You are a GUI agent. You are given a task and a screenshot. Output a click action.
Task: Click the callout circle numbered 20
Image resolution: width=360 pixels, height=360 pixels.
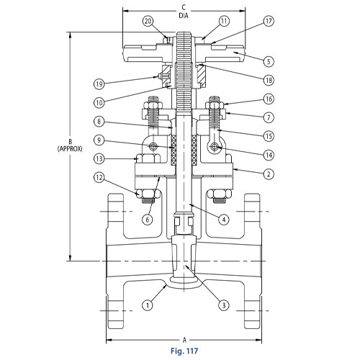click(148, 21)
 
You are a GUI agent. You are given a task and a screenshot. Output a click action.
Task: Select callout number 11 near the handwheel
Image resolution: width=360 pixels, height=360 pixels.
click(224, 21)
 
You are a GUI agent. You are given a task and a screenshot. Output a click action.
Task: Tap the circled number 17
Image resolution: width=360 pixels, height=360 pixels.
click(269, 21)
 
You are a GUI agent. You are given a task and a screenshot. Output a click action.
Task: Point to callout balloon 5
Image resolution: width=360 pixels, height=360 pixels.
click(269, 61)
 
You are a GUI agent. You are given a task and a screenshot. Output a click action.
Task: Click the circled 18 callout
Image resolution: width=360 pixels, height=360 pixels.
click(269, 80)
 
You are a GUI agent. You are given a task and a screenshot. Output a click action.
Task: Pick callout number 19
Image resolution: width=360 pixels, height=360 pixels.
click(99, 84)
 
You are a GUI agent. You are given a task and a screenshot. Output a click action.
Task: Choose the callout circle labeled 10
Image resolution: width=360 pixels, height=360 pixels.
click(99, 103)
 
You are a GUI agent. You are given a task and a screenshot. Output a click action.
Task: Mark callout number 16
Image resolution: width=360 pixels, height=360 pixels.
click(269, 99)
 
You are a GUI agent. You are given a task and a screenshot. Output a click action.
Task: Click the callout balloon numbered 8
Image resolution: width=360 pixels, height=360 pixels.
click(99, 122)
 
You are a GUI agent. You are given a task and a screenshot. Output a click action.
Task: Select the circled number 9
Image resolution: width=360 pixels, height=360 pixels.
click(99, 140)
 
